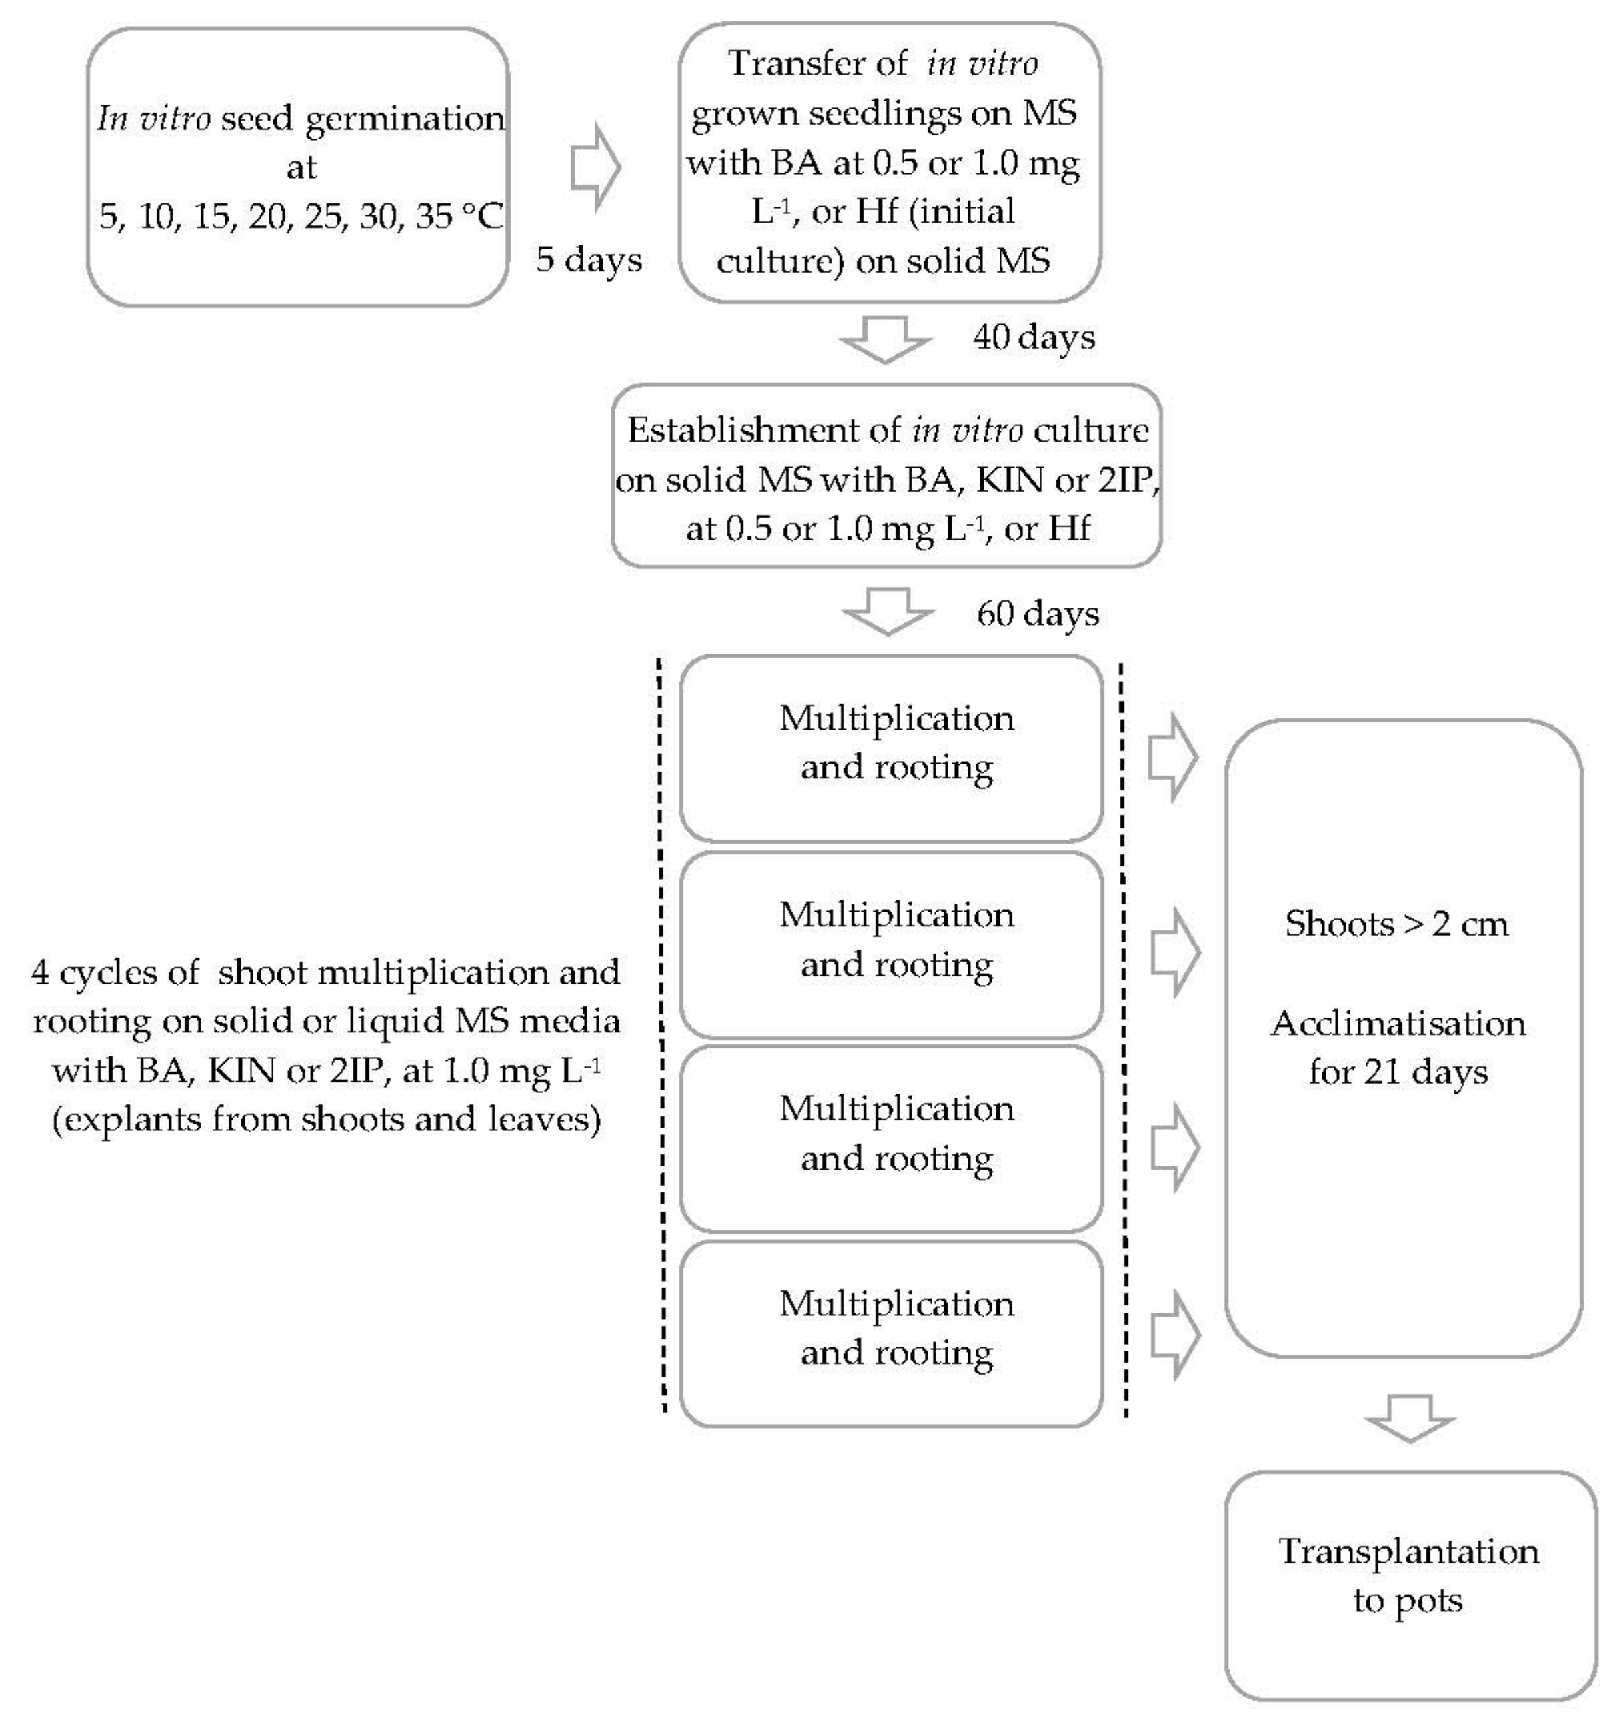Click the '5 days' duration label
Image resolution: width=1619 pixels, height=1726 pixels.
[x=589, y=259]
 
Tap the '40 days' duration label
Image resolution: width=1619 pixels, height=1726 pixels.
[x=1033, y=337]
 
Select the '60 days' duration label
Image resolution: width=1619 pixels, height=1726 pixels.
[x=1038, y=614]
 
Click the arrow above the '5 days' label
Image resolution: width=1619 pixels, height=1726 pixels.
[x=595, y=167]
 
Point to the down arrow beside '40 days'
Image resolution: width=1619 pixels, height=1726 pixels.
[x=885, y=339]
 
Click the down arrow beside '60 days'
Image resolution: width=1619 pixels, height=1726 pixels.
[x=888, y=611]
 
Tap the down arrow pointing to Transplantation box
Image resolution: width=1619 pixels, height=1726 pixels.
[x=1409, y=1418]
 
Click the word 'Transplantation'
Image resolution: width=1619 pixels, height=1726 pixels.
[x=1408, y=1551]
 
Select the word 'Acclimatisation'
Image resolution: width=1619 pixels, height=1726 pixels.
[x=1398, y=1024]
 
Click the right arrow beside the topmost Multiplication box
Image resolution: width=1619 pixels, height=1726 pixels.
[x=1173, y=757]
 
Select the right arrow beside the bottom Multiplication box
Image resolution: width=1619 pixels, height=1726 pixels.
[x=1174, y=1335]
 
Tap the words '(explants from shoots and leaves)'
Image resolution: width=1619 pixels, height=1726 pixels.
[x=327, y=1120]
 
